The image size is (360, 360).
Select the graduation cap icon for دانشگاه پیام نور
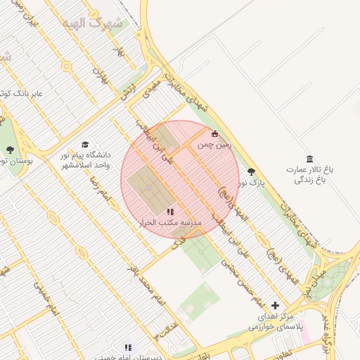[86, 144]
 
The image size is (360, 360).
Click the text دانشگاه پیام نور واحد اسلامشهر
[84, 159]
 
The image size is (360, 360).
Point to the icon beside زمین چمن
[215, 134]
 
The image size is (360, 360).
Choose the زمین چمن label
[214, 145]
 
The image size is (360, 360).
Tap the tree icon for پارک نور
[252, 172]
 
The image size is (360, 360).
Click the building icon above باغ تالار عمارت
[310, 158]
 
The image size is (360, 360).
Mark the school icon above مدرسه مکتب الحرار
[169, 211]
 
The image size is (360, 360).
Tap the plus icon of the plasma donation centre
[275, 305]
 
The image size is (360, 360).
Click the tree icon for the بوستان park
[10, 150]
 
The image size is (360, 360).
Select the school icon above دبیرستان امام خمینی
[127, 347]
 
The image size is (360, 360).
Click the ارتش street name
[127, 94]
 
